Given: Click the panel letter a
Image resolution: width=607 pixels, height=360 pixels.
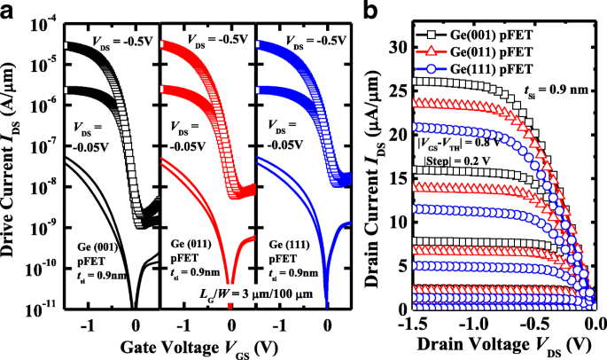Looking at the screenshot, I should pos(10,10).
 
